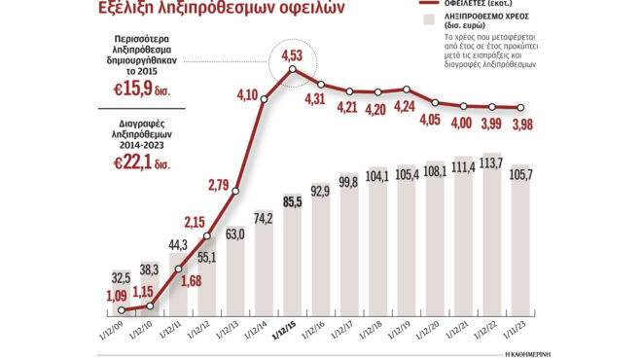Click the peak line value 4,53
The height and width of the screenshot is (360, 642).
[291, 54]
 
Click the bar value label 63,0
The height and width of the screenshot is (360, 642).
[234, 234]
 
